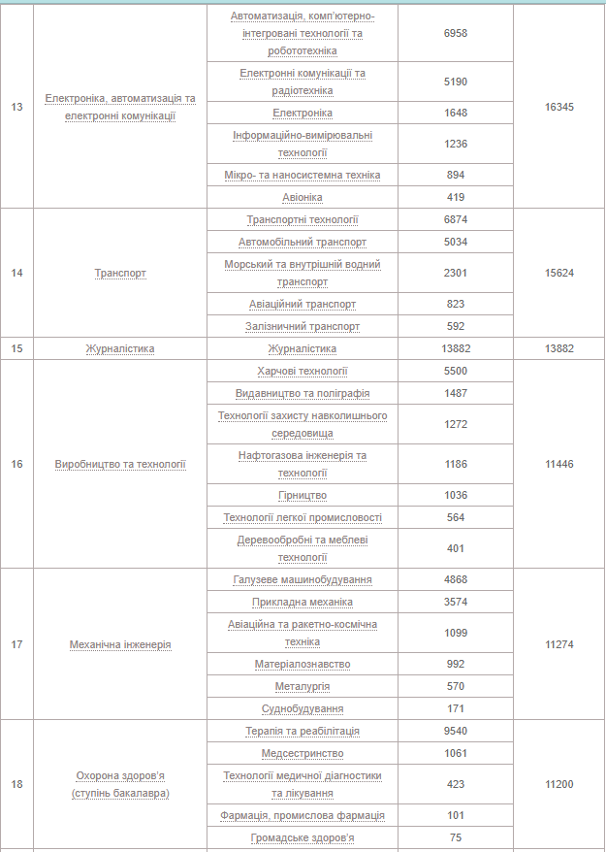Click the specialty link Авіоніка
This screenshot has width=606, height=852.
click(x=303, y=197)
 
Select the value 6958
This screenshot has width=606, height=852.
click(x=455, y=33)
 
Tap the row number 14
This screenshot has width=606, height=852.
click(x=16, y=273)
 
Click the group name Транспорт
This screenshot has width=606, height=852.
click(x=120, y=273)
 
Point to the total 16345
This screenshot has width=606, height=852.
click(x=559, y=107)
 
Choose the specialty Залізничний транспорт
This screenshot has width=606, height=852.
click(x=303, y=326)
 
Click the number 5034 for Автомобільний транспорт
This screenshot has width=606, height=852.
click(x=455, y=242)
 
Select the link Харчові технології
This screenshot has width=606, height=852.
click(x=303, y=371)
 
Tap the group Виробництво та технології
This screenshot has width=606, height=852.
click(x=120, y=464)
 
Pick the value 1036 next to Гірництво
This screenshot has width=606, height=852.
click(x=455, y=495)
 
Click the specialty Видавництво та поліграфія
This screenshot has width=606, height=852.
click(x=303, y=393)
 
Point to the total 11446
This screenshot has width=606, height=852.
click(x=559, y=464)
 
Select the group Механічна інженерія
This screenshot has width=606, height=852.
click(x=120, y=644)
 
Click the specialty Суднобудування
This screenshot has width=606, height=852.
click(x=303, y=709)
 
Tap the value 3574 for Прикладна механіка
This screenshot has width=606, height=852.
click(x=455, y=602)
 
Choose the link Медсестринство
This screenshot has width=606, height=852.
click(x=303, y=753)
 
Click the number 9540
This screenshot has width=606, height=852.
click(x=455, y=731)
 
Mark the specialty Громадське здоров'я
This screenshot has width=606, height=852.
click(x=303, y=837)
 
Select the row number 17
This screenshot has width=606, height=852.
click(x=16, y=644)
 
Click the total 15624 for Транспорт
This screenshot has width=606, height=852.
click(x=559, y=273)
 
